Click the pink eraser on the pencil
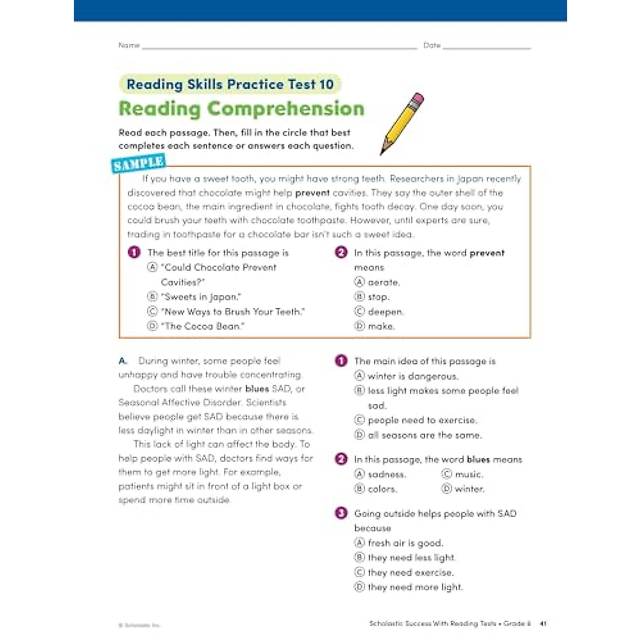418,99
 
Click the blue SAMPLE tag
138,163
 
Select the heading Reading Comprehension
241,108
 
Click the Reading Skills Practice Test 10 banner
230,84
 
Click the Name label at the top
129,45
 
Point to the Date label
432,45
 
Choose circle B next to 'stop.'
359,296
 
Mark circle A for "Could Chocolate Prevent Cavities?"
153,267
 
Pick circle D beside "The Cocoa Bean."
153,326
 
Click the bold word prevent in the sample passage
312,193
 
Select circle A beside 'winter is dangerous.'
359,376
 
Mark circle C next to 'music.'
447,474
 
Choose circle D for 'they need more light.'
359,587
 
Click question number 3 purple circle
341,513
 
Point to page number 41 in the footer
543,623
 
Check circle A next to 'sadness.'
359,474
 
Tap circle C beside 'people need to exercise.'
359,420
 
